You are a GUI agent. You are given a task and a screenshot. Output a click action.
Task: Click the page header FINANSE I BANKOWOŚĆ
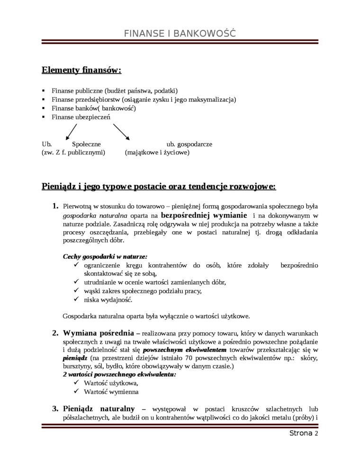pyautogui.click(x=180, y=34)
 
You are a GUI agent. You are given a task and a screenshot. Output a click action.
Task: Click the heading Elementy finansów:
pyautogui.click(x=81, y=71)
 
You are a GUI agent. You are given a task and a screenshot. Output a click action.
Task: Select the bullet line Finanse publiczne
pyautogui.click(x=114, y=90)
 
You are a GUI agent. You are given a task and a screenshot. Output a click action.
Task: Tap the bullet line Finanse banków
pyautogui.click(x=93, y=108)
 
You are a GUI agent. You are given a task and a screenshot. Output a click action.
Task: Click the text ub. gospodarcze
pyautogui.click(x=189, y=143)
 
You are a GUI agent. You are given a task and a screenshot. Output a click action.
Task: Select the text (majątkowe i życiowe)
pyautogui.click(x=157, y=152)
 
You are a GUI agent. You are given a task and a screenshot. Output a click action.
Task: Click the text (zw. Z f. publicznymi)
pyautogui.click(x=73, y=152)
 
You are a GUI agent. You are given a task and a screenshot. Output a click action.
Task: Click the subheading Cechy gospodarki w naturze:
pyautogui.click(x=105, y=256)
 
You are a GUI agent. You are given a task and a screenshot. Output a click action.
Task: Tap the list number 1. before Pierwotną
pyautogui.click(x=54, y=206)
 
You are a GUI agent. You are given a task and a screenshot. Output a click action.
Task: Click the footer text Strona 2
pyautogui.click(x=303, y=433)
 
